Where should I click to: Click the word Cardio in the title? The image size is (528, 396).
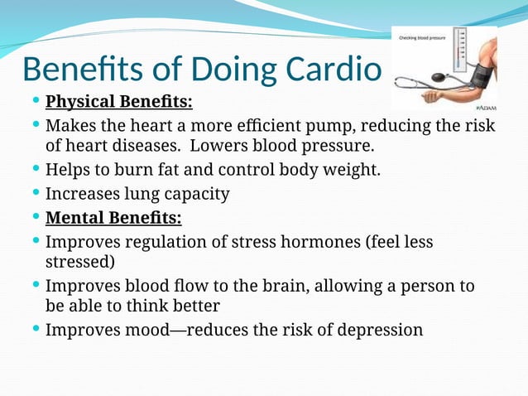pyautogui.click(x=334, y=70)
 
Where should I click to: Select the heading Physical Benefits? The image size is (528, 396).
pyautogui.click(x=118, y=103)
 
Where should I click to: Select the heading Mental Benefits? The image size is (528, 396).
pyautogui.click(x=113, y=219)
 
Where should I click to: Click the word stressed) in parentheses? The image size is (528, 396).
pyautogui.click(x=79, y=261)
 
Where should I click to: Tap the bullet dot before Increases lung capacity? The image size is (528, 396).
pyautogui.click(x=36, y=194)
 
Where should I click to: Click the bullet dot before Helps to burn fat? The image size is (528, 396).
pyautogui.click(x=36, y=170)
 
